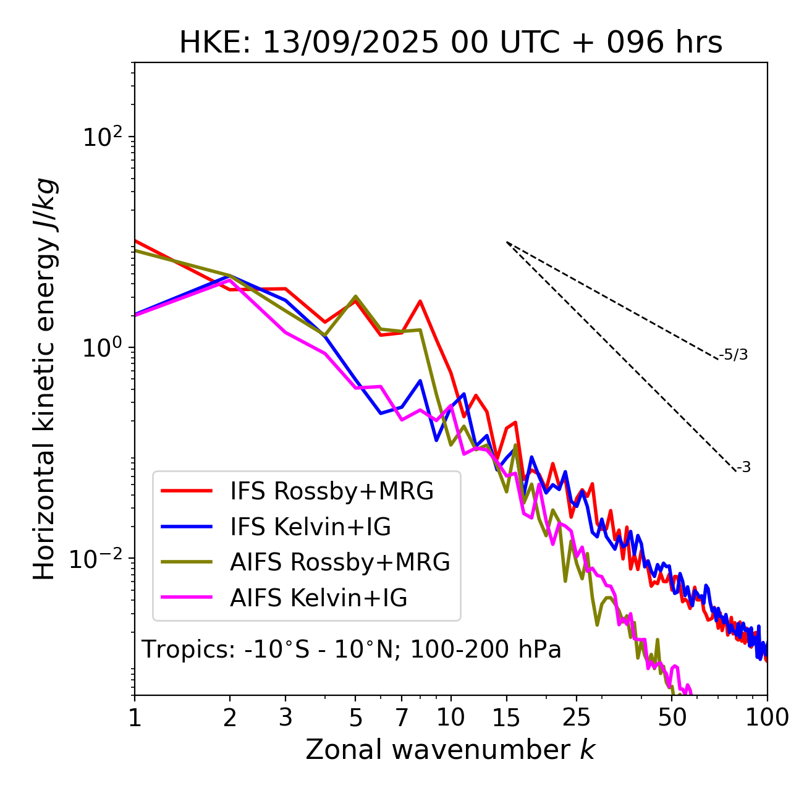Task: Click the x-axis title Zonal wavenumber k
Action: (x=450, y=749)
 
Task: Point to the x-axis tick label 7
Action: (x=402, y=718)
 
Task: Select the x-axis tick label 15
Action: (x=506, y=718)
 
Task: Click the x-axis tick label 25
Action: (x=576, y=718)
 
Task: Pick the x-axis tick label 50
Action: (x=672, y=718)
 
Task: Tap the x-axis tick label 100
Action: (x=767, y=718)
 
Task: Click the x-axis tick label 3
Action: (x=286, y=718)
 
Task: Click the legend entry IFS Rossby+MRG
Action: (x=331, y=491)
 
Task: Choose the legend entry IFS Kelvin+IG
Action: (x=310, y=527)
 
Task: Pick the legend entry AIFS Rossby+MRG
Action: (x=340, y=562)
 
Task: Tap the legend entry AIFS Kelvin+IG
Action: (x=318, y=598)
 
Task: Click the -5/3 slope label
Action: (x=734, y=355)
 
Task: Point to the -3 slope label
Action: (x=743, y=468)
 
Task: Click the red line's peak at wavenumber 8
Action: (x=420, y=302)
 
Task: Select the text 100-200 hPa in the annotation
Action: (x=486, y=650)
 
